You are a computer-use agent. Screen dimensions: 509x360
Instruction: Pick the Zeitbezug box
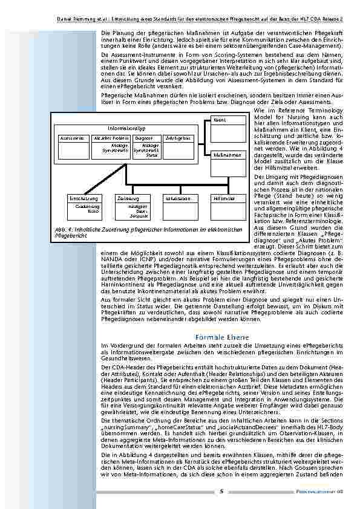click(x=128, y=198)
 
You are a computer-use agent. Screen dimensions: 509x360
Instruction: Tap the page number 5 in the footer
click(x=221, y=491)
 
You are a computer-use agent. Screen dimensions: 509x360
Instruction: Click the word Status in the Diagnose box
click(x=151, y=155)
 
